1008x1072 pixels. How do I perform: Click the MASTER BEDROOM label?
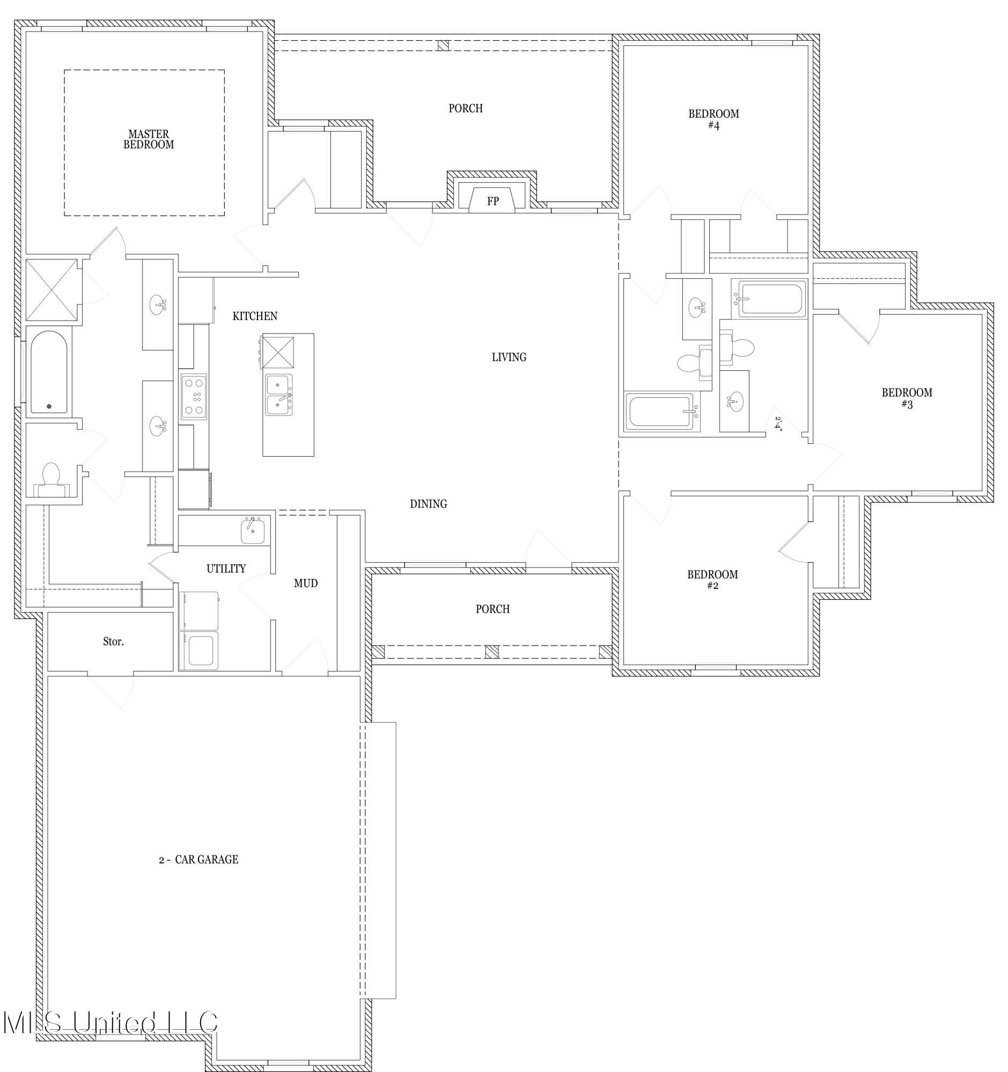[149, 139]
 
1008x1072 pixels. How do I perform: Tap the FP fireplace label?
[492, 202]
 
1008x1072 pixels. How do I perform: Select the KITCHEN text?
[255, 316]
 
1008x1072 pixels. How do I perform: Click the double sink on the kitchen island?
[279, 394]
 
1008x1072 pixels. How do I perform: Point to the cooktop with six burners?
[194, 397]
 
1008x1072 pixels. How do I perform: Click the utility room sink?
[252, 531]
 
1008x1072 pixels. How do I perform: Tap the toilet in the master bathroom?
[51, 478]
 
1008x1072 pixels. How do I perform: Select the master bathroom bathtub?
[49, 372]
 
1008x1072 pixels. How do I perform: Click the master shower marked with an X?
[52, 290]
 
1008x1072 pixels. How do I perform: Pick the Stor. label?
[113, 642]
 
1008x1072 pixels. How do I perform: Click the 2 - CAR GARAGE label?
[198, 860]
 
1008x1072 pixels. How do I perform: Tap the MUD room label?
[305, 584]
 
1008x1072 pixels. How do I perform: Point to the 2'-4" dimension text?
[778, 422]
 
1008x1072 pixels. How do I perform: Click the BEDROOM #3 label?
[907, 398]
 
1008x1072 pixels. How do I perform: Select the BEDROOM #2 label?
[712, 579]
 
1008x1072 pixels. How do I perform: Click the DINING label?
[429, 504]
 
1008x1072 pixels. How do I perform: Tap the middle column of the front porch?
[491, 652]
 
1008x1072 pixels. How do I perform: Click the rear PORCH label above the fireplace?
[466, 108]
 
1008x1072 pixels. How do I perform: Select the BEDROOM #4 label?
[713, 119]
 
